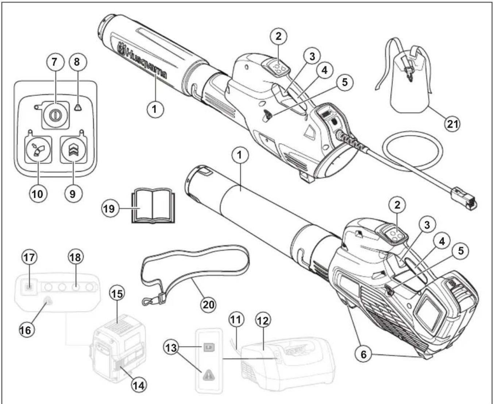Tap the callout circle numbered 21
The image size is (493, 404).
click(x=452, y=124)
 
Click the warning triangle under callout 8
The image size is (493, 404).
click(x=77, y=107)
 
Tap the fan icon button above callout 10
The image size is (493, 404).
click(x=38, y=150)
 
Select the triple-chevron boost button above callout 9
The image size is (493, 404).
click(x=73, y=150)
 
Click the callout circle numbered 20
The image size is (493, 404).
click(x=209, y=304)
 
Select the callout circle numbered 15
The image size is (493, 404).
click(x=117, y=293)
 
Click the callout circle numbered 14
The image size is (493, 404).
click(x=138, y=385)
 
